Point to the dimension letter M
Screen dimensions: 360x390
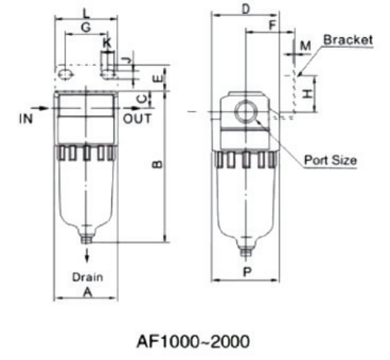(304, 46)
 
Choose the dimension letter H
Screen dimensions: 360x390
(307, 93)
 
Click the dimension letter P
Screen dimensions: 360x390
(246, 272)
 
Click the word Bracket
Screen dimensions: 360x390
(348, 39)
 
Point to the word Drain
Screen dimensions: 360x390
(87, 275)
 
